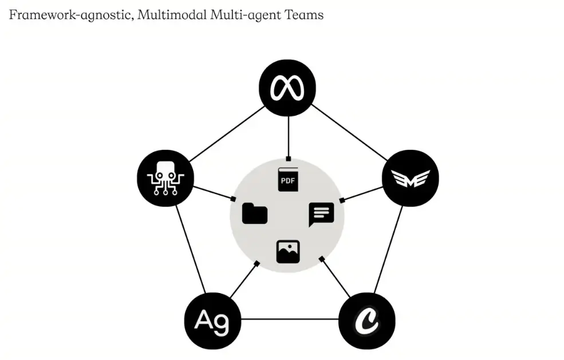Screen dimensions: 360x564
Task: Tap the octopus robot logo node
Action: [x=165, y=178]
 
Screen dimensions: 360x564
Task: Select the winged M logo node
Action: [x=410, y=178]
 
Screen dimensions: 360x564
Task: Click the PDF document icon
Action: [x=289, y=180]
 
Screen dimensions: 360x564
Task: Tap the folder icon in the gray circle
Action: [x=255, y=213]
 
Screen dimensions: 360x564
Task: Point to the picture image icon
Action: [x=288, y=251]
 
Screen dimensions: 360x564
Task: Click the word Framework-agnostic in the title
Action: [x=69, y=15]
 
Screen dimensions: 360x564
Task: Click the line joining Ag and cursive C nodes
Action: [x=289, y=319]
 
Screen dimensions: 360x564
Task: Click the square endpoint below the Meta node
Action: [x=289, y=159]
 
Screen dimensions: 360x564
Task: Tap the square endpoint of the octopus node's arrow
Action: [x=233, y=199]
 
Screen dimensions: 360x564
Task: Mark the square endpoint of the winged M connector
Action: [x=342, y=200]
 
